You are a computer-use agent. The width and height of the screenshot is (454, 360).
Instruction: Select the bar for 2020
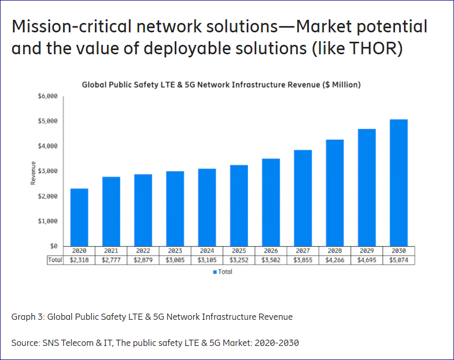tap(79, 217)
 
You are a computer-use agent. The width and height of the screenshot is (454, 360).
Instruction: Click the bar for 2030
tap(399, 183)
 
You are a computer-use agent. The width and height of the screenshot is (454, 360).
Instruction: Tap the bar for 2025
tap(239, 205)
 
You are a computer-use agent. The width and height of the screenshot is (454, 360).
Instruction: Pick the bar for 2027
tap(303, 198)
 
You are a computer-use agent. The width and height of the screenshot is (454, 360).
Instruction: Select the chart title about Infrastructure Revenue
tap(221, 85)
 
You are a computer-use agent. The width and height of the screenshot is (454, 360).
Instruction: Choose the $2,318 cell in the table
tap(79, 260)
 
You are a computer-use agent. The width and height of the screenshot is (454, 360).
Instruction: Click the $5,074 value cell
tap(399, 260)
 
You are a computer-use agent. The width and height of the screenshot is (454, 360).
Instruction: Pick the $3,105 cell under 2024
tap(207, 260)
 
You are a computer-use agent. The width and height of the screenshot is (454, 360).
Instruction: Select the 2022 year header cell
tap(143, 251)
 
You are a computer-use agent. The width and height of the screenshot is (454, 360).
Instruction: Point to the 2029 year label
tap(367, 251)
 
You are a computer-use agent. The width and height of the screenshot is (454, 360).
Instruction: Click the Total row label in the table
tap(55, 260)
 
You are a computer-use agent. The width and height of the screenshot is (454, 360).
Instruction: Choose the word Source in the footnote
tap(25, 343)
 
